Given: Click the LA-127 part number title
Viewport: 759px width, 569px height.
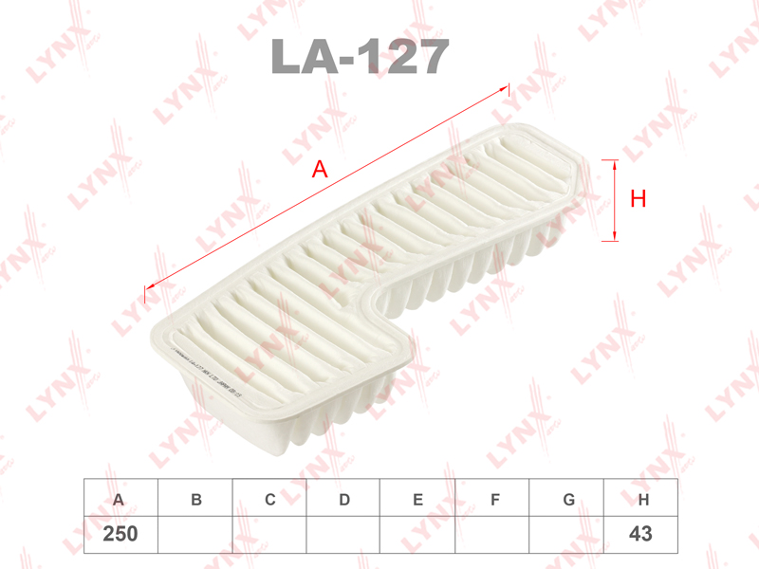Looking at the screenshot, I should (360, 57).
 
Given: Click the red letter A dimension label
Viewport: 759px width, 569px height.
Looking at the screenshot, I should (320, 170).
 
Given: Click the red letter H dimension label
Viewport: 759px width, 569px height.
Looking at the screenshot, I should (639, 199).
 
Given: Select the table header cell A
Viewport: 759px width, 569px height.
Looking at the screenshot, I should (119, 499).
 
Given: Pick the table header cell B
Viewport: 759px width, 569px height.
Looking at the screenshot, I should (195, 499).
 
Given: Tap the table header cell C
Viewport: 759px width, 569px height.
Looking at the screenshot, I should (269, 499).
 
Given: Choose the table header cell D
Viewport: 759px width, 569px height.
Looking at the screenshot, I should (344, 499).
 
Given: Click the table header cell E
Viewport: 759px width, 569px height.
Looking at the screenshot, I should (417, 499).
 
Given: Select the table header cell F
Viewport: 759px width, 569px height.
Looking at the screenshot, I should (492, 499).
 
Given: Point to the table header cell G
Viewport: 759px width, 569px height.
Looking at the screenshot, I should (567, 499).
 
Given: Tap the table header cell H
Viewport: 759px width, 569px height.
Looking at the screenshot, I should (642, 499).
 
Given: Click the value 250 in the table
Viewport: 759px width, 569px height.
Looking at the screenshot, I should (120, 535).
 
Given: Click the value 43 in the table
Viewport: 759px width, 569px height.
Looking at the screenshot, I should (640, 535).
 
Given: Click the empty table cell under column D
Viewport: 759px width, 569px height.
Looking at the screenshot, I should (344, 535).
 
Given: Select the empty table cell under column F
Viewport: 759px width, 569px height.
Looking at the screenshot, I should (492, 535).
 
